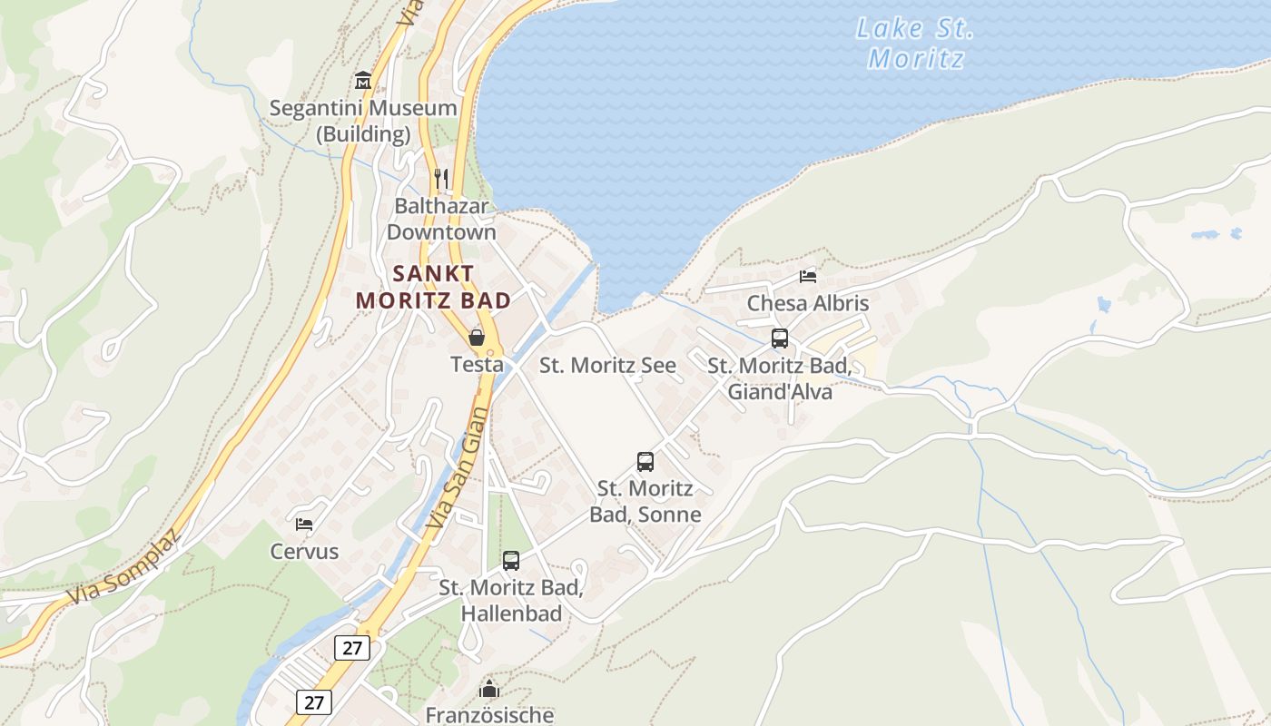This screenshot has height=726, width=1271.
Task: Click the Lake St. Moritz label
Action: coord(914,44)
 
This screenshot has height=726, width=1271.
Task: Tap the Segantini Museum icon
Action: coord(363,80)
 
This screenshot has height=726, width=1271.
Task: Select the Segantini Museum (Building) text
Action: coord(363,121)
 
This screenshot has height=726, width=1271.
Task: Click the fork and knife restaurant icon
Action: coord(441,178)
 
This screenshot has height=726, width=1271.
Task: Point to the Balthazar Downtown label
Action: coord(441,219)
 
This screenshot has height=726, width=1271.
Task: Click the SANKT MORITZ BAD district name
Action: coord(433,287)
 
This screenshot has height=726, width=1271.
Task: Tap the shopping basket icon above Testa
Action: coord(477,338)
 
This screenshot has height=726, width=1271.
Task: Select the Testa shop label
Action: coord(477,364)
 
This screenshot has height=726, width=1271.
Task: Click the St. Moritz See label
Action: coord(607,366)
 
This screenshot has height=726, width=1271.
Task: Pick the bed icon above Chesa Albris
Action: coord(808,277)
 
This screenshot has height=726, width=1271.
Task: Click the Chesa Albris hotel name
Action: coord(808,303)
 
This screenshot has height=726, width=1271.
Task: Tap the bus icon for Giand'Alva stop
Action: coord(780,338)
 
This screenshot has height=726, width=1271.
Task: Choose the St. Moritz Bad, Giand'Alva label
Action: coord(779,379)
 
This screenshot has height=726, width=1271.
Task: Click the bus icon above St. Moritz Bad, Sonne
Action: coord(645,461)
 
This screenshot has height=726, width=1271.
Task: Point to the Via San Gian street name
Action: coord(457,467)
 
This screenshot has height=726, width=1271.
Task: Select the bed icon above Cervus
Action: coord(304,525)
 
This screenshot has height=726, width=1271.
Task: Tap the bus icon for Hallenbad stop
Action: coord(511,561)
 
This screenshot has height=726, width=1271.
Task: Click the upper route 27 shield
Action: coord(352,647)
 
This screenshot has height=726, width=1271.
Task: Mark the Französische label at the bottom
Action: coord(489,714)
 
